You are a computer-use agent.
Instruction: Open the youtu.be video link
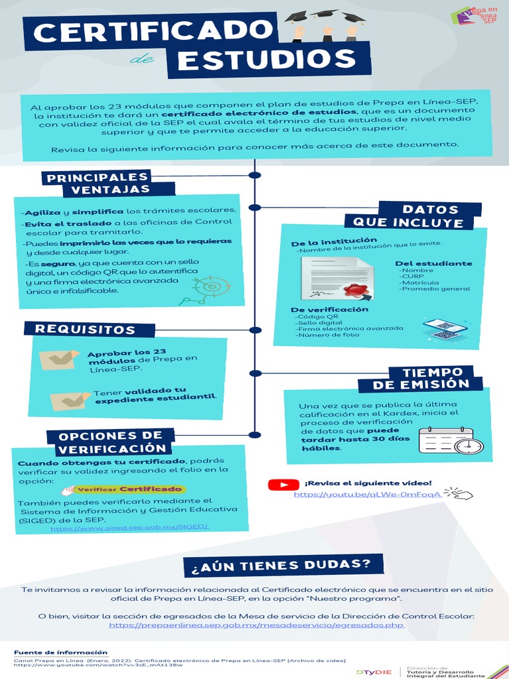click(x=367, y=495)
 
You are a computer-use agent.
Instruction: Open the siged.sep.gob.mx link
click(x=129, y=528)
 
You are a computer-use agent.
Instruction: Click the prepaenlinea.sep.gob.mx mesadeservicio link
click(x=256, y=625)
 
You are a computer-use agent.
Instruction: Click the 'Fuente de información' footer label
click(x=60, y=652)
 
